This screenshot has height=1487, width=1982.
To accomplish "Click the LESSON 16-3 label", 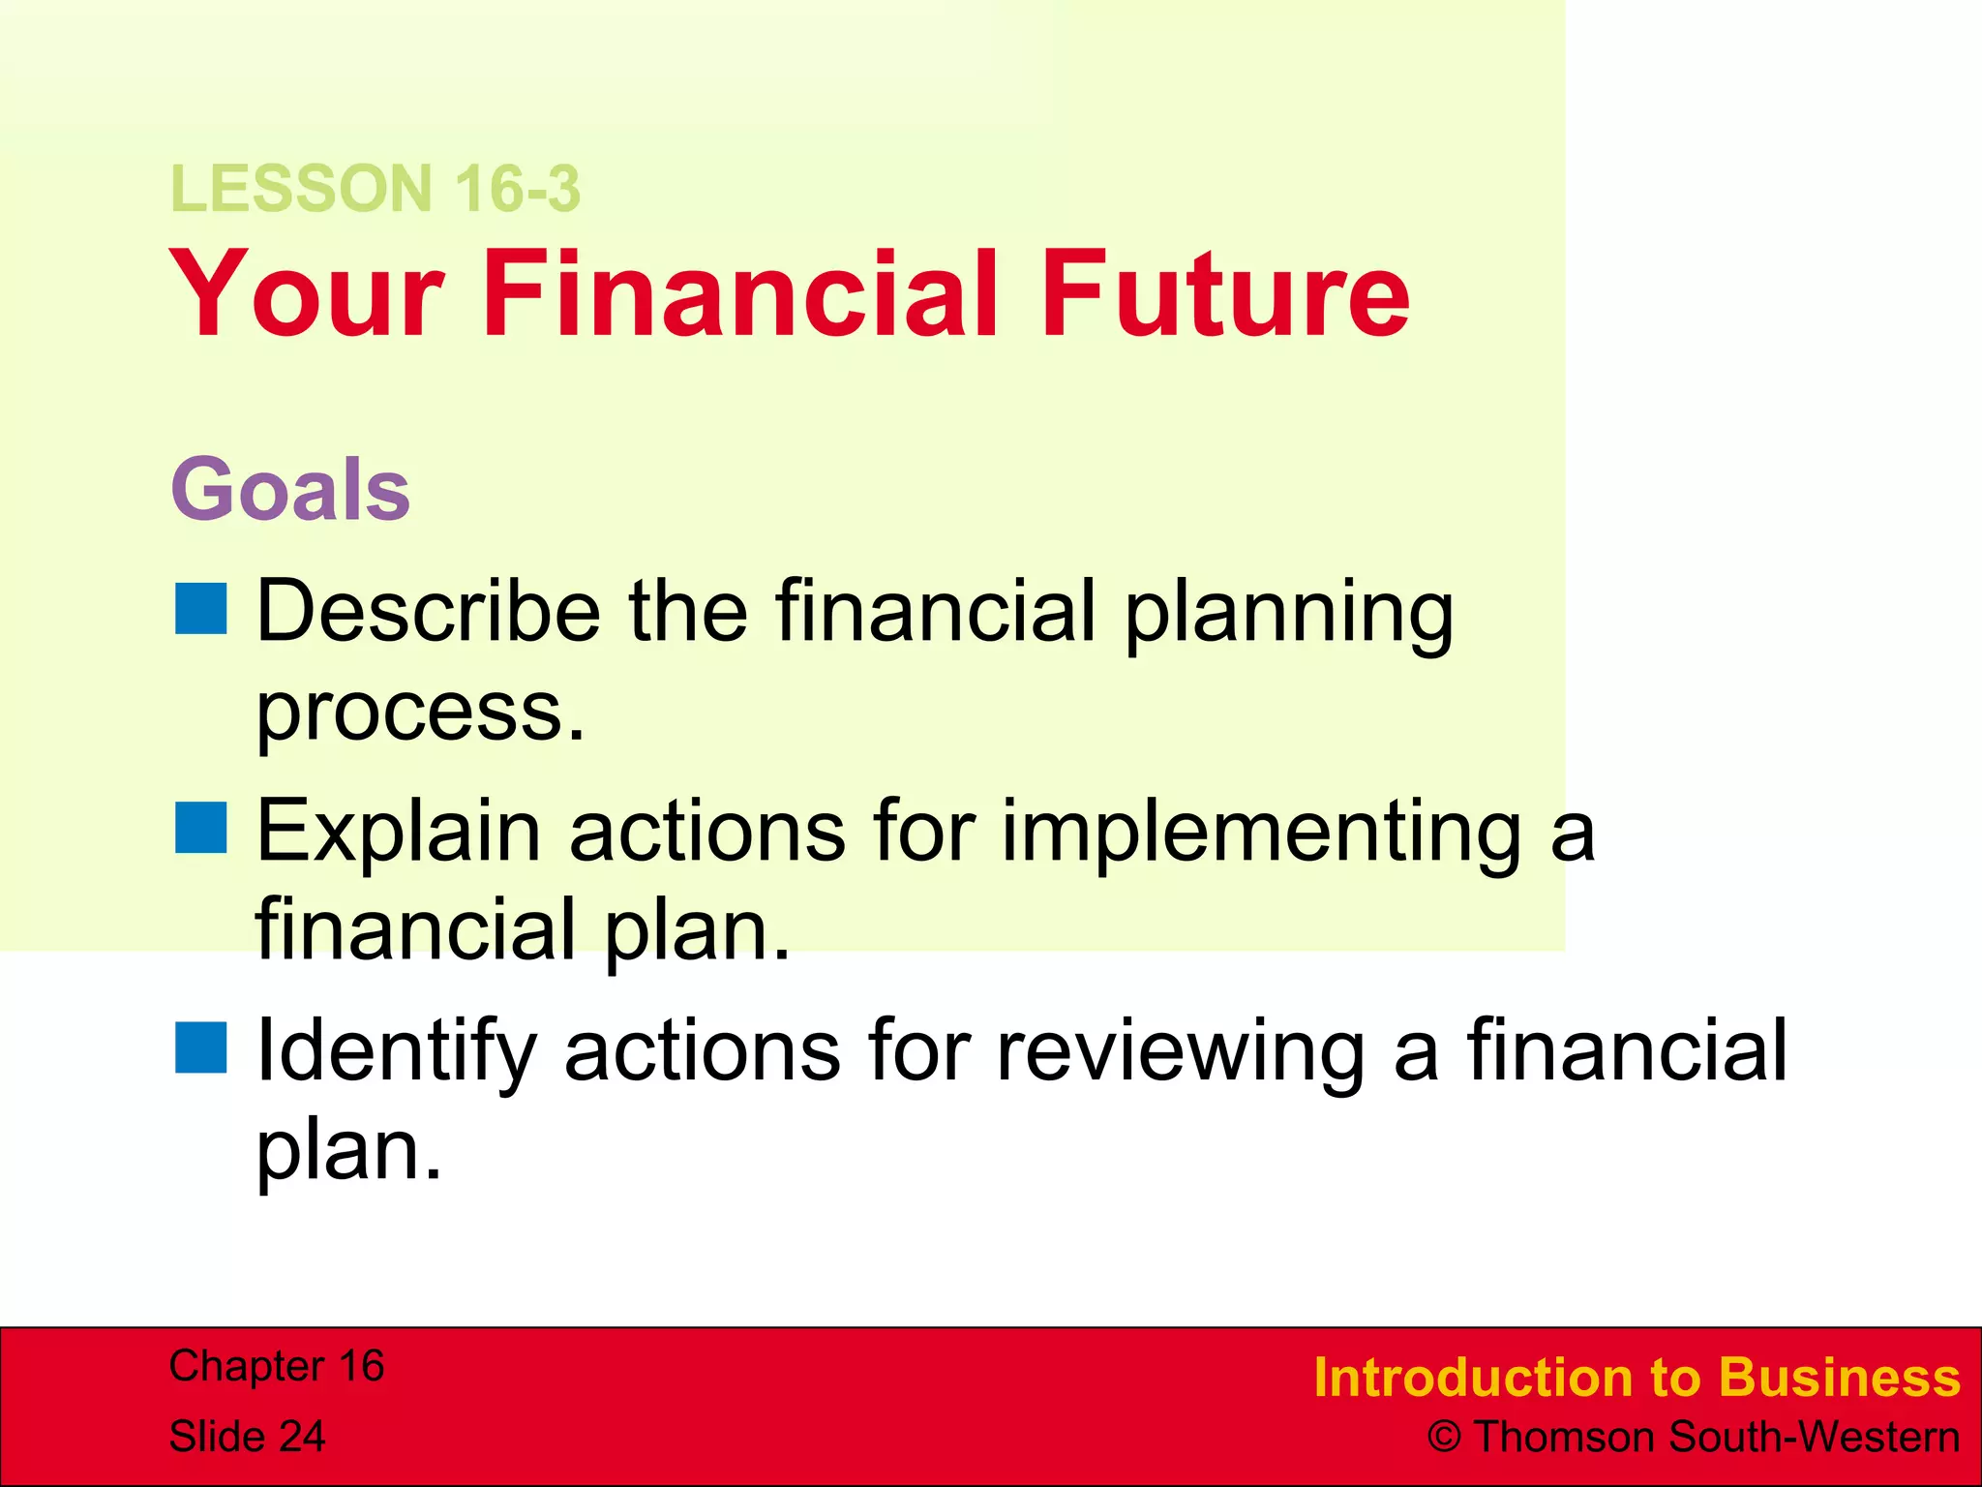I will [375, 188].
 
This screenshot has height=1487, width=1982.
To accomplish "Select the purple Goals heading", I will [290, 490].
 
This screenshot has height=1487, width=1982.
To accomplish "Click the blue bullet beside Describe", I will [201, 608].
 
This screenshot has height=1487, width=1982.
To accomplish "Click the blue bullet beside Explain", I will [201, 828].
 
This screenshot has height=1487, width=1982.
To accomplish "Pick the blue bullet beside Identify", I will [201, 1047].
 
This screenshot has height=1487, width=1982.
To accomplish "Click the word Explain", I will [398, 833].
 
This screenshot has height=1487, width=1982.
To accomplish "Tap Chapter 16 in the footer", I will [277, 1366].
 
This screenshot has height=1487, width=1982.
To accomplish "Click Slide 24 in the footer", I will [247, 1436].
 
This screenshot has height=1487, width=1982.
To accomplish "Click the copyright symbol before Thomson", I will [1443, 1437].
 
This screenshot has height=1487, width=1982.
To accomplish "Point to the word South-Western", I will [1814, 1437].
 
